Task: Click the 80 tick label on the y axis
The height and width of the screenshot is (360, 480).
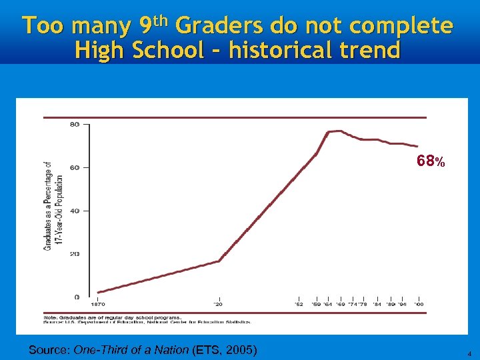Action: click(x=74, y=124)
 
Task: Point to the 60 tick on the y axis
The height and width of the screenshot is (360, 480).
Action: click(x=74, y=167)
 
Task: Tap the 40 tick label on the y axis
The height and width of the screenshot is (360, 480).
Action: click(x=74, y=211)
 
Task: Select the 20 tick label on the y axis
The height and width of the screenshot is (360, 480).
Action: click(x=74, y=254)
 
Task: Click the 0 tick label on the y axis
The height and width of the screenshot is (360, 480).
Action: click(x=77, y=297)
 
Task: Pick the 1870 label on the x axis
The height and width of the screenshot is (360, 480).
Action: click(x=97, y=304)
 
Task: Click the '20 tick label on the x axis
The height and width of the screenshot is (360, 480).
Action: click(x=218, y=304)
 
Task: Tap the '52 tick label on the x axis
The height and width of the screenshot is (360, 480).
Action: click(x=299, y=304)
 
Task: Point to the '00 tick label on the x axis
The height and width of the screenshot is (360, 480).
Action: click(x=418, y=304)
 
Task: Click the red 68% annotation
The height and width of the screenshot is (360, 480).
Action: click(x=430, y=161)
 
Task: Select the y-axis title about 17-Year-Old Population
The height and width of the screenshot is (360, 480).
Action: click(x=53, y=205)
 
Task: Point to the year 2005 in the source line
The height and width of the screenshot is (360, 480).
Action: click(x=239, y=350)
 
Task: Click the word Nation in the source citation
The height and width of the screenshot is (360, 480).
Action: click(x=170, y=350)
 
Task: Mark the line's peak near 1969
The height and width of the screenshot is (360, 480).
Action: click(x=341, y=131)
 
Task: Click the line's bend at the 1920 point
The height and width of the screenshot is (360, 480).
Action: click(x=219, y=261)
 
